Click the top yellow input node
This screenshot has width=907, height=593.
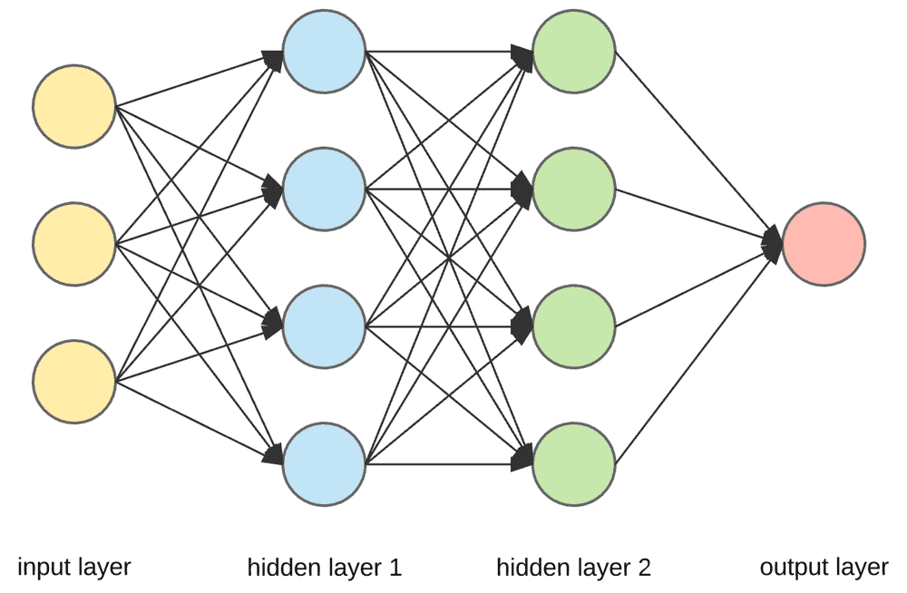click(73, 107)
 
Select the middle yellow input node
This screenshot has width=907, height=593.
click(73, 243)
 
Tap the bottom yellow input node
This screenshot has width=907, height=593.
click(73, 381)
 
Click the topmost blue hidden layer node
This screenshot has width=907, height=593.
click(324, 52)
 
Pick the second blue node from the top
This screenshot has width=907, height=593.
click(324, 189)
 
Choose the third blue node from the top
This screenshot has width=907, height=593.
click(324, 326)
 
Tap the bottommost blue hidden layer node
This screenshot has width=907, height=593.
click(324, 463)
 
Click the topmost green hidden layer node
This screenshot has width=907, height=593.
click(574, 52)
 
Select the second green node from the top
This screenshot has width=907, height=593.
click(574, 189)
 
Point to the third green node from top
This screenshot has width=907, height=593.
click(574, 326)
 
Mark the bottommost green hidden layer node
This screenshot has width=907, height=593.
click(574, 463)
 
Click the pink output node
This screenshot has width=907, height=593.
click(824, 243)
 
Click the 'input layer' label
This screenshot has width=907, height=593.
click(74, 568)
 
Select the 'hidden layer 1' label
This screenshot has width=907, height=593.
click(324, 569)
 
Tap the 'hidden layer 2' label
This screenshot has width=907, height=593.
click(573, 569)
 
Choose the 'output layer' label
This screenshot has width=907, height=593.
click(824, 569)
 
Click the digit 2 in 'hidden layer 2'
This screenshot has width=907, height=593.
click(644, 569)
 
